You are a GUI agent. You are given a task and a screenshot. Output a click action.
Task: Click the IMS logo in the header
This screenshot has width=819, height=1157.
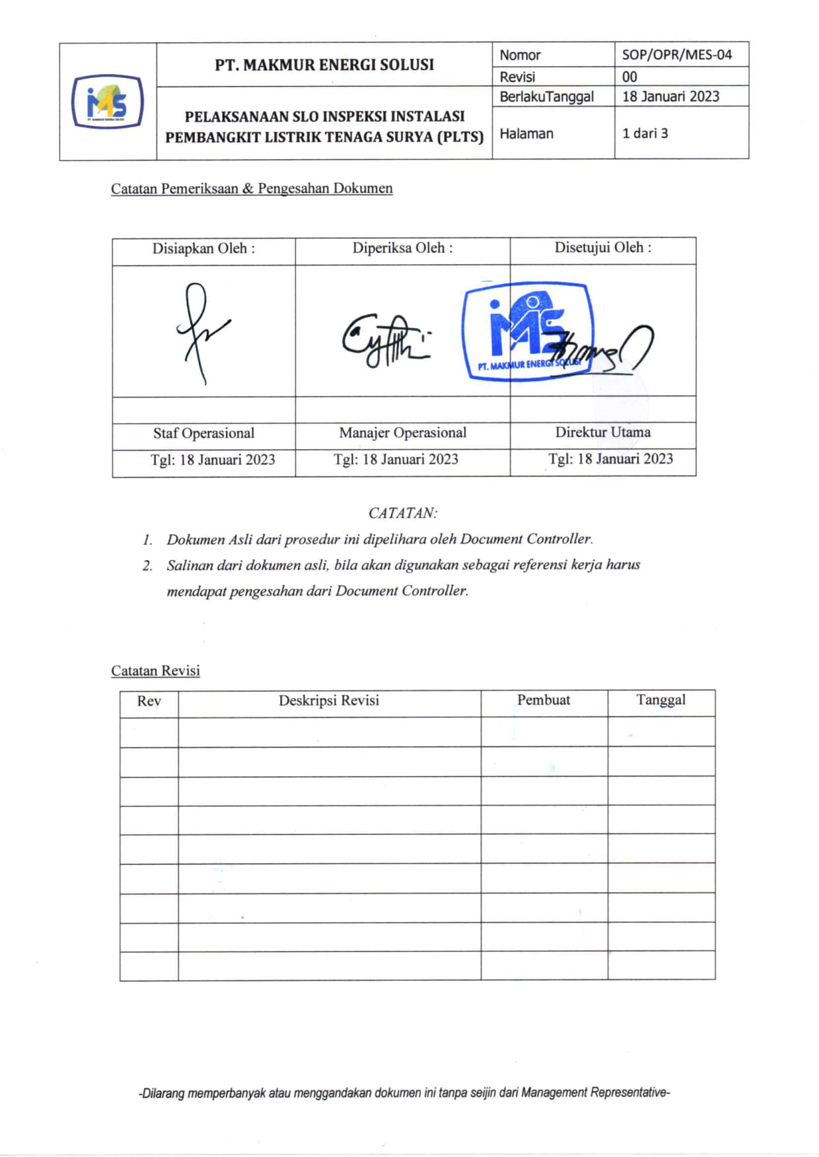(107, 102)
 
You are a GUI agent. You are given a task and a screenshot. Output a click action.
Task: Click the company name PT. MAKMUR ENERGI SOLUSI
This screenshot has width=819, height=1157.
(324, 65)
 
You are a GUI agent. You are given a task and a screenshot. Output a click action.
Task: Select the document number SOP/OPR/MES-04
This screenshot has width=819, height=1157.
(676, 55)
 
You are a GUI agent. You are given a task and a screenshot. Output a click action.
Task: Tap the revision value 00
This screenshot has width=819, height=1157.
(629, 77)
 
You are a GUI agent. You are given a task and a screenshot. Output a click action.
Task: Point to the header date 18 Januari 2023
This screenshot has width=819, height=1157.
(670, 96)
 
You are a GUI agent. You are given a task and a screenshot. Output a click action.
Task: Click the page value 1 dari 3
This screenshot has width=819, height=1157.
(645, 133)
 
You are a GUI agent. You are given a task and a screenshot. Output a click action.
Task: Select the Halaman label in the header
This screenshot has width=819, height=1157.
(526, 133)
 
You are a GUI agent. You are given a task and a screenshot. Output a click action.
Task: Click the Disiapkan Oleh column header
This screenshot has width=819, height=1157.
(203, 249)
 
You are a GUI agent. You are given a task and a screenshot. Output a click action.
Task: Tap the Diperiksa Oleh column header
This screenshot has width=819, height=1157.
(402, 248)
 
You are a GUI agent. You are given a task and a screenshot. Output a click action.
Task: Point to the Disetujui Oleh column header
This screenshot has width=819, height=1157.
(602, 248)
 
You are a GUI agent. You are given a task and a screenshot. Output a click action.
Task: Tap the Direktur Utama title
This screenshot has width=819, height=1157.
(602, 433)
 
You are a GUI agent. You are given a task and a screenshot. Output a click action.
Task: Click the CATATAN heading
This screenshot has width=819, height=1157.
(402, 513)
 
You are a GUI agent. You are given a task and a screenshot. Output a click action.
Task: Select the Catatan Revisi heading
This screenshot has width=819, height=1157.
(155, 671)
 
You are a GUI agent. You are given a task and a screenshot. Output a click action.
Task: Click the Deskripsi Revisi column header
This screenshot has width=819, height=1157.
(329, 701)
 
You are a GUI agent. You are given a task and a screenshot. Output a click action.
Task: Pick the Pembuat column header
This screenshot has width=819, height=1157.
(543, 700)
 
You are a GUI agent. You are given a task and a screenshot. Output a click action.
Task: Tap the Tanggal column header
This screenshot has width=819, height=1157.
(660, 700)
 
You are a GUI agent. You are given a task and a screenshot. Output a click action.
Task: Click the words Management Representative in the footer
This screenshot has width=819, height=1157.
(594, 1093)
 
